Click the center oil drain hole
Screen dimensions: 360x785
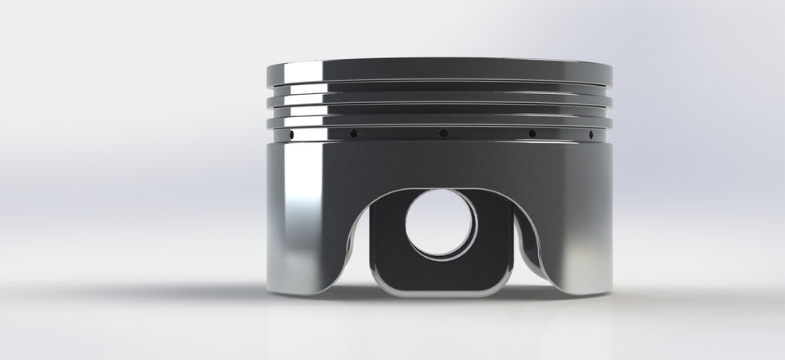[x=442, y=133]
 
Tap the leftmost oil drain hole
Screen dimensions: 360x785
[x=289, y=133]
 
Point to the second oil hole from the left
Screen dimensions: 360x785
[x=353, y=133]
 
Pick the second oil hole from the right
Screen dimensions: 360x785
[x=532, y=133]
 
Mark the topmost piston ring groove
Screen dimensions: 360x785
[x=442, y=82]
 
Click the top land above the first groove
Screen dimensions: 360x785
[x=442, y=69]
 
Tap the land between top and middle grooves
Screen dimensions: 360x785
[x=442, y=92]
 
